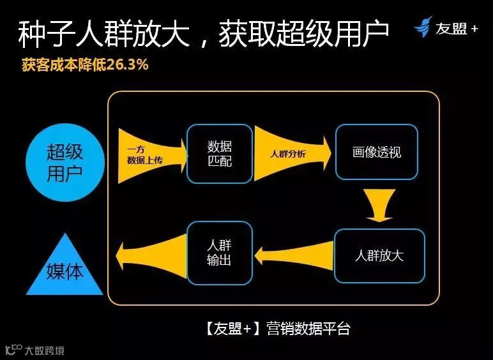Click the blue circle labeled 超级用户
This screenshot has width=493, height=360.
click(x=64, y=162)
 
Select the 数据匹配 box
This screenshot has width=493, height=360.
click(x=219, y=154)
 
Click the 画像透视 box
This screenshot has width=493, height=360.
click(x=377, y=153)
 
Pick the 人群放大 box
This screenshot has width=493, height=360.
click(x=379, y=256)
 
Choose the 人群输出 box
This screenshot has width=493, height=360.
click(x=219, y=253)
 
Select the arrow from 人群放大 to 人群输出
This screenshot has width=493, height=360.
click(x=294, y=256)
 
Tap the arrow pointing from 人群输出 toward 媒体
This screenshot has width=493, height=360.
click(x=151, y=254)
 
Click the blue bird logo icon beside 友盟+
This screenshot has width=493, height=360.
click(x=423, y=27)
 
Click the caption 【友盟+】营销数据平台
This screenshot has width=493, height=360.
click(x=278, y=329)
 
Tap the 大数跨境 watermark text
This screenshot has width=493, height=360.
click(x=44, y=350)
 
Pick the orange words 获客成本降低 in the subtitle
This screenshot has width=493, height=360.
click(x=61, y=65)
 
